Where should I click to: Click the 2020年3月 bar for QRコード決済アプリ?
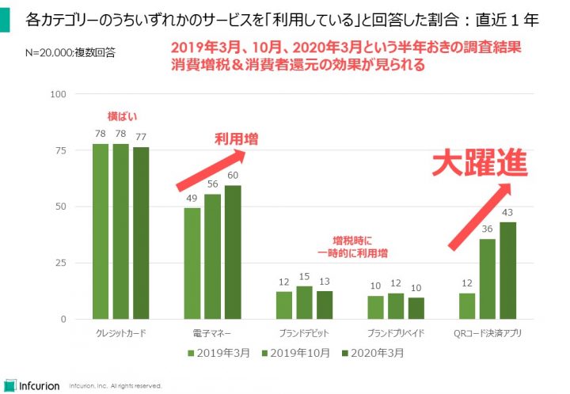tap(507, 271)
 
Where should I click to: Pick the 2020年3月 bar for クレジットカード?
tap(139, 233)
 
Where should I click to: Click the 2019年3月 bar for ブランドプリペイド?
tap(376, 307)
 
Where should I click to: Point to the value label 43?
tap(507, 212)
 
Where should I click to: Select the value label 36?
tap(487, 229)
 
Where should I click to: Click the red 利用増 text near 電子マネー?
tap(237, 139)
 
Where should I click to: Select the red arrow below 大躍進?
tap(481, 215)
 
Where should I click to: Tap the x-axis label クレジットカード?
tap(119, 333)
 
